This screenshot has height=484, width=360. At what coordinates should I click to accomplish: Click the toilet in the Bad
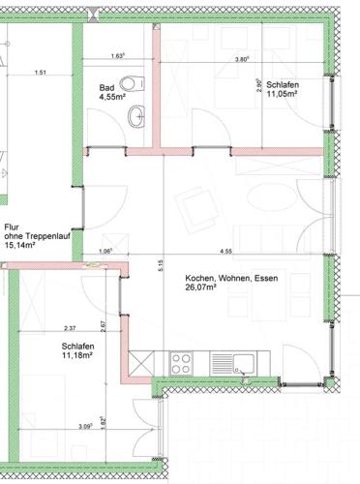pyautogui.click(x=132, y=83)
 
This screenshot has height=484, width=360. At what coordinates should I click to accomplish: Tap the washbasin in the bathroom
pyautogui.click(x=136, y=116)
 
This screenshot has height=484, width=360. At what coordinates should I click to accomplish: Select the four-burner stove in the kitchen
pyautogui.click(x=181, y=364)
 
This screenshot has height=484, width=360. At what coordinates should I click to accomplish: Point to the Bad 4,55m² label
pyautogui.click(x=112, y=92)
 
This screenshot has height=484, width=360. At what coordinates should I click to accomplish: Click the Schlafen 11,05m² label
pyautogui.click(x=283, y=89)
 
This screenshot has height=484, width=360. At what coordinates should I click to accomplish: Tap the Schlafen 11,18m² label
pyautogui.click(x=77, y=350)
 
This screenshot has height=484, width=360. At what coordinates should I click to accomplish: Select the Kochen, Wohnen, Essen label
pyautogui.click(x=231, y=278)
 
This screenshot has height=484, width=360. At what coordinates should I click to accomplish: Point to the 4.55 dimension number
pyautogui.click(x=225, y=252)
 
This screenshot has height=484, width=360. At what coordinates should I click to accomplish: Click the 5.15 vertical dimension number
pyautogui.click(x=161, y=265)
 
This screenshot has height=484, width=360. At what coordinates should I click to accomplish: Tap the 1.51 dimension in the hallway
pyautogui.click(x=41, y=73)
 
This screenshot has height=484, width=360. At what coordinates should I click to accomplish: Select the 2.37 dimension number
pyautogui.click(x=70, y=328)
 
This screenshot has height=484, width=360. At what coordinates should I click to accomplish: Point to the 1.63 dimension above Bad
pyautogui.click(x=118, y=56)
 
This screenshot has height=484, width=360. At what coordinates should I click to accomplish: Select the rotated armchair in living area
pyautogui.click(x=196, y=210)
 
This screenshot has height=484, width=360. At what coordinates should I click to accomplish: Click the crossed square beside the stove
pyautogui.click(x=141, y=364)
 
